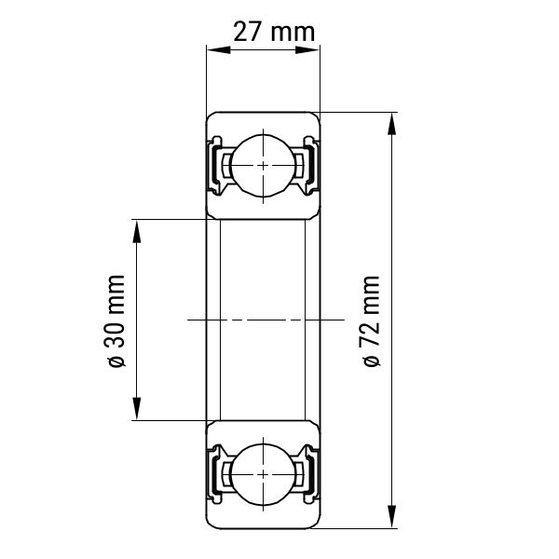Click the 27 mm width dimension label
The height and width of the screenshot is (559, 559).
[x=274, y=32]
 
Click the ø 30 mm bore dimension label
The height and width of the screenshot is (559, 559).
[x=115, y=320]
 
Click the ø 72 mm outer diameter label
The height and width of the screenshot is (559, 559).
[x=371, y=320]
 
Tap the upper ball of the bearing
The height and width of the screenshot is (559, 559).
[x=263, y=166]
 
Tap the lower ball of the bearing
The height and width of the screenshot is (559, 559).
[x=263, y=474]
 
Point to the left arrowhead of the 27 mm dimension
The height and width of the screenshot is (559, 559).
[x=218, y=49]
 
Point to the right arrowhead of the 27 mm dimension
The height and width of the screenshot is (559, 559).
[x=307, y=49]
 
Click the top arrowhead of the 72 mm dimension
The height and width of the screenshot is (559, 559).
[x=392, y=124]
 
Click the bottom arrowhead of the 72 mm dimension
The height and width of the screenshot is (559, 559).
[x=392, y=516]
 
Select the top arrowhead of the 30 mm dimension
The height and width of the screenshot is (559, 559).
[x=137, y=231]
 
